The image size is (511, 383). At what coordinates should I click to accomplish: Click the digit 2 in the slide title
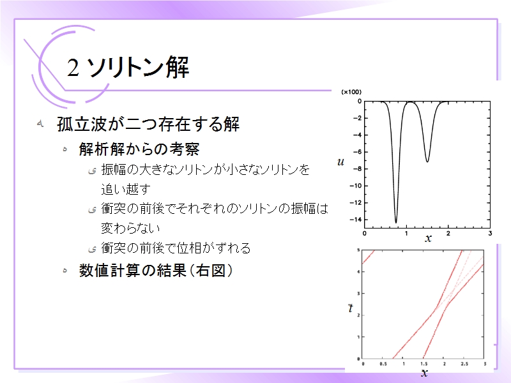click(x=73, y=68)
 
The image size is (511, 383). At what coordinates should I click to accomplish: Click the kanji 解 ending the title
click(x=178, y=67)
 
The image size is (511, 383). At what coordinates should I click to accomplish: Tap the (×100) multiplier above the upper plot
click(x=351, y=92)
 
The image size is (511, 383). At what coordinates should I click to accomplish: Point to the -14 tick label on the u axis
click(x=356, y=220)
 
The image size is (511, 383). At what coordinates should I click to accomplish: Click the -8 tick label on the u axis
click(x=357, y=169)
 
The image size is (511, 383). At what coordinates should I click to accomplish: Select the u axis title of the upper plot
click(x=340, y=161)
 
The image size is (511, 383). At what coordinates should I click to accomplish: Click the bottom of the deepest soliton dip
click(x=396, y=222)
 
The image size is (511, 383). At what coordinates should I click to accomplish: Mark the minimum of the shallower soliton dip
click(x=427, y=161)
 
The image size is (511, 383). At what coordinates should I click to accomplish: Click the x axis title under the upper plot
click(x=428, y=238)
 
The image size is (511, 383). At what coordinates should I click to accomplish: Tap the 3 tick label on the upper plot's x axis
click(x=490, y=233)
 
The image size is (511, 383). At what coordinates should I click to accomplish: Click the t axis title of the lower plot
click(x=350, y=308)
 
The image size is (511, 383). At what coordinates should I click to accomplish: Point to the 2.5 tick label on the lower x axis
click(x=464, y=364)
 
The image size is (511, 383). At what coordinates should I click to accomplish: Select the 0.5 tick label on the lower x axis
click(x=383, y=364)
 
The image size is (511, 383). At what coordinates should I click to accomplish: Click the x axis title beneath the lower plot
click(x=424, y=373)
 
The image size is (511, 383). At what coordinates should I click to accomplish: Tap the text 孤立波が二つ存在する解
click(x=148, y=124)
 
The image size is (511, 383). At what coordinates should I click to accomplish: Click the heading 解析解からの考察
click(x=139, y=149)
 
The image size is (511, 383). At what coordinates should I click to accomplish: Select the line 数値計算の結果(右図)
click(x=156, y=270)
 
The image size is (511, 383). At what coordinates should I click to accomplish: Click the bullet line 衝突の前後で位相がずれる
click(x=176, y=248)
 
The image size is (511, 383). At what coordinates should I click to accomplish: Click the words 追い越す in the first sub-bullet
click(x=126, y=189)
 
